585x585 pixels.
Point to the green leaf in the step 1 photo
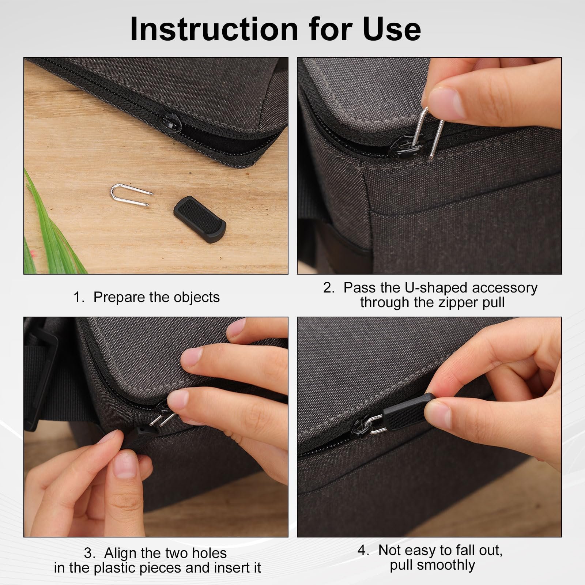[51, 234]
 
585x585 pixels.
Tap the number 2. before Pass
[329, 288]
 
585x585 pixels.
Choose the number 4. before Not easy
[363, 550]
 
